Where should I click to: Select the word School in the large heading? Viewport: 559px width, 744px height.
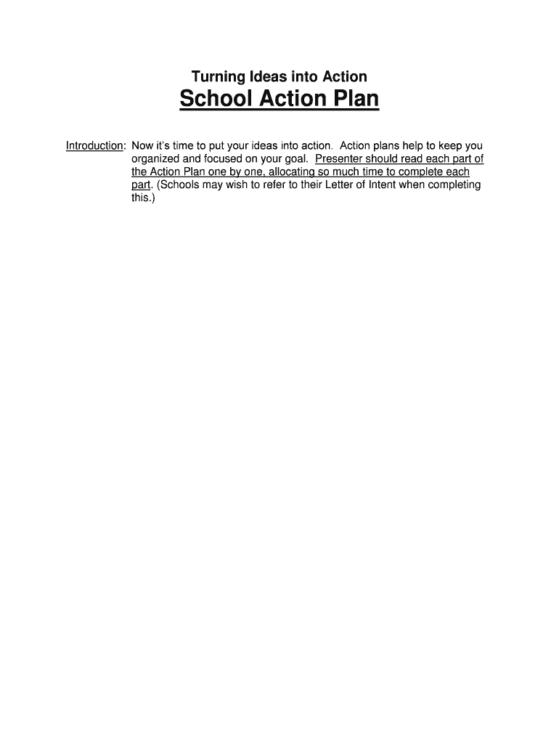[x=211, y=100]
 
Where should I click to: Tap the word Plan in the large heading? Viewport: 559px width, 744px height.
[x=356, y=100]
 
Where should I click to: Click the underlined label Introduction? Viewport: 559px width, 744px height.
[x=94, y=146]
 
